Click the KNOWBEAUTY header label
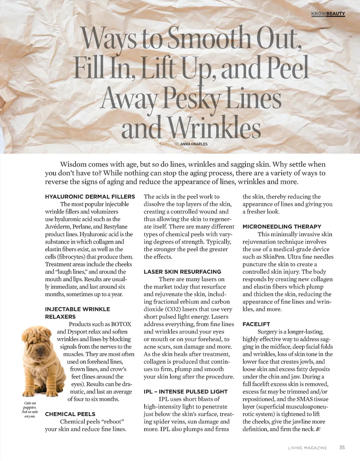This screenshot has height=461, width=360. [x=328, y=14]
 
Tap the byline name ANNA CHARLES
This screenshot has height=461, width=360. [x=194, y=144]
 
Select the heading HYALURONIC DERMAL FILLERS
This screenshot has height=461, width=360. [x=90, y=197]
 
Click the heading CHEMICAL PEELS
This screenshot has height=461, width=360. [x=70, y=414]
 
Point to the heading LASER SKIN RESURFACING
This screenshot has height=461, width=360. [x=182, y=272]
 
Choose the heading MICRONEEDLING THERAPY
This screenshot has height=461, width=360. [x=282, y=227]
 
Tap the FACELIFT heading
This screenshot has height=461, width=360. [x=256, y=324]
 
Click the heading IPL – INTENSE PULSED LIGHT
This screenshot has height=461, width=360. [x=186, y=392]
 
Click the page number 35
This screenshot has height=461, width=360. [x=342, y=448]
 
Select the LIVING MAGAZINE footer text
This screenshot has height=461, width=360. [x=307, y=448]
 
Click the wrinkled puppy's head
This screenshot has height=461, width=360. [x=36, y=338]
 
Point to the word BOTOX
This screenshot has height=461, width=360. [x=121, y=324]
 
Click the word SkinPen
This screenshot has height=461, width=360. [x=274, y=257]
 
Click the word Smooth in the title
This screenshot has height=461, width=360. [x=210, y=38]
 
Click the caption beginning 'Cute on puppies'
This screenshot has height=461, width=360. [x=30, y=410]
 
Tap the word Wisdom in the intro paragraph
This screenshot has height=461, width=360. [x=73, y=164]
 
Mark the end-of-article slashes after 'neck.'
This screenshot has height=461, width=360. [x=318, y=429]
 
